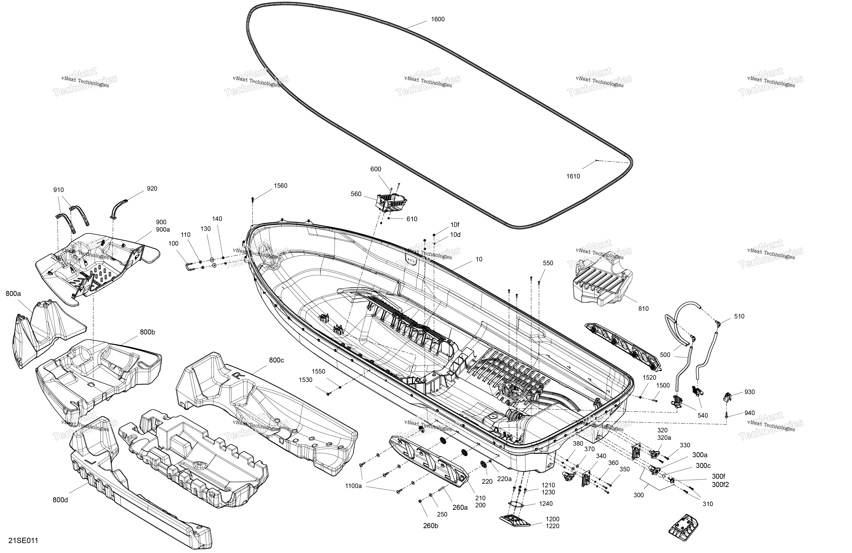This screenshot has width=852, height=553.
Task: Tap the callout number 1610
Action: (x=573, y=176)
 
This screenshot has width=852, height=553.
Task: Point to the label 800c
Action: (x=276, y=360)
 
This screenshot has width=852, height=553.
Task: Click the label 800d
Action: (x=60, y=500)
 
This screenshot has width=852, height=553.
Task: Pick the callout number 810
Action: (x=643, y=309)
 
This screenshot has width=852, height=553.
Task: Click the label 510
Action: (x=739, y=316)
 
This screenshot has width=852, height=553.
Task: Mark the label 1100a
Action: (x=354, y=486)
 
